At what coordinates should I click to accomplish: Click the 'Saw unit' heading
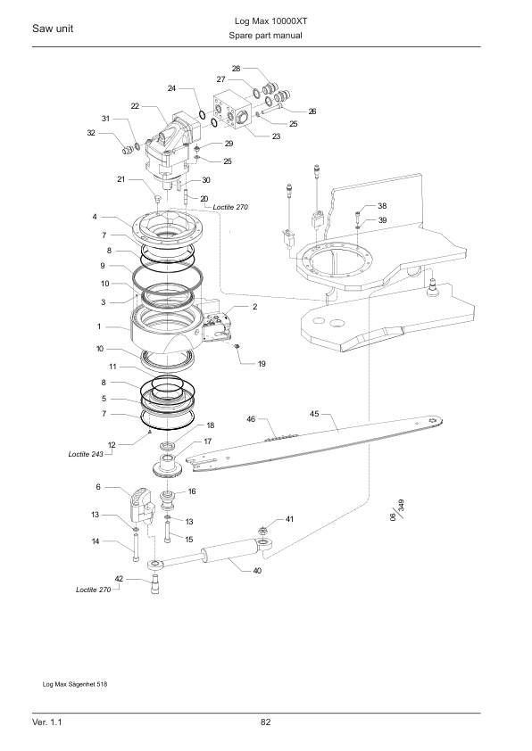point(53,29)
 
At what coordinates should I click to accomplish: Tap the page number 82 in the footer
point(265,722)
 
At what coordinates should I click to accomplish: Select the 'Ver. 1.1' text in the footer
point(47,722)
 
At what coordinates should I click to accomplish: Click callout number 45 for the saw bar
point(314,414)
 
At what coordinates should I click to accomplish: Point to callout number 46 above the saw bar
point(251,419)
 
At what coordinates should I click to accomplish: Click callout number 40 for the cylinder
point(257,571)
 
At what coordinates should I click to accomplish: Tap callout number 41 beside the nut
point(289,519)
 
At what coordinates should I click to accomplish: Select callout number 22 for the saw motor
point(135,106)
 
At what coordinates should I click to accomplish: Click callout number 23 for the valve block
point(276,136)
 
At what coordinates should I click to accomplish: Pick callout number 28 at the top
point(236,69)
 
